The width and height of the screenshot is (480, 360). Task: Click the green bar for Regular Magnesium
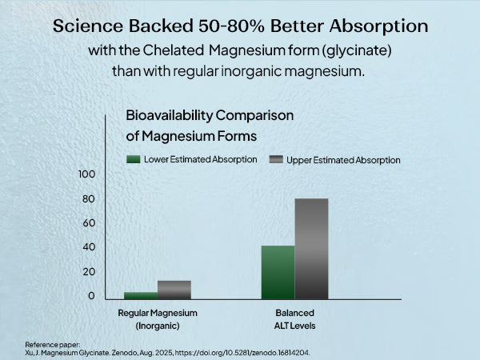point(140,295)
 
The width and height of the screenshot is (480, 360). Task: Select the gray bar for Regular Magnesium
point(174,290)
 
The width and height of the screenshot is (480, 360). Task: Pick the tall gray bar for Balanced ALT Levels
point(311,249)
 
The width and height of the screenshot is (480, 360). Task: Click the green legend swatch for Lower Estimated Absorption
point(134,159)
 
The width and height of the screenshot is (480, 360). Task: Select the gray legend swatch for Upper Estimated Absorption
point(277,159)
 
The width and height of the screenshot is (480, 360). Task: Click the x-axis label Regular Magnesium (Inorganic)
point(158,318)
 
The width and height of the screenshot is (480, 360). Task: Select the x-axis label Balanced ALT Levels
point(295,318)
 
